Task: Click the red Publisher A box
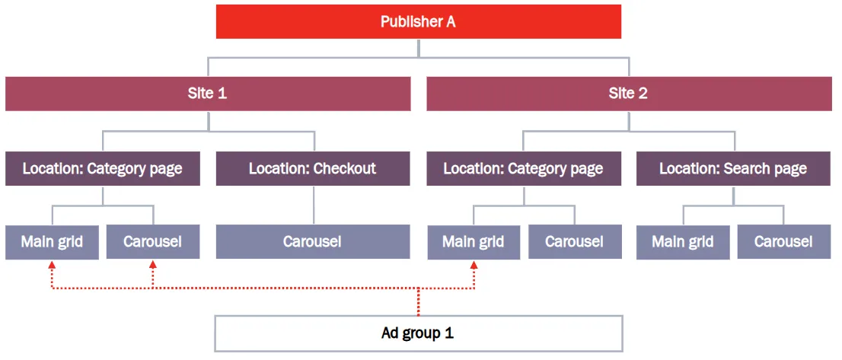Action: tap(418, 22)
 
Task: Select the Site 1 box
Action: tap(208, 94)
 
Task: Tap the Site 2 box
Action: tap(628, 94)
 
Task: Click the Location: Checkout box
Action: tap(313, 168)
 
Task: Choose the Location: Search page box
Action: tap(734, 168)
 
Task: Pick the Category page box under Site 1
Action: tap(103, 168)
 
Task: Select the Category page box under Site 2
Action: tap(524, 168)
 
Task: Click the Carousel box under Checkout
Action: tap(313, 242)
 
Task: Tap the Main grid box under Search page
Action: tap(683, 242)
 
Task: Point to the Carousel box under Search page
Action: tap(784, 242)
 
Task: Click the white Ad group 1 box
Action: tap(418, 333)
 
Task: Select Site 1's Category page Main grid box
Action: tap(52, 242)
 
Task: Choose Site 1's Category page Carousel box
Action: tap(153, 242)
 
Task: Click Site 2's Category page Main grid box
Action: tap(473, 242)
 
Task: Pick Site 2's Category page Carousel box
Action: tap(575, 242)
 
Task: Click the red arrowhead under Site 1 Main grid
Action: tap(52, 265)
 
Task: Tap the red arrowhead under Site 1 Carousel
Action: tap(152, 265)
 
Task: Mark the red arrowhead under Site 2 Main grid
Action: tap(474, 265)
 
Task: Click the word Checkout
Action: tap(345, 168)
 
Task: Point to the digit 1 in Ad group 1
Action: tap(449, 333)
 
